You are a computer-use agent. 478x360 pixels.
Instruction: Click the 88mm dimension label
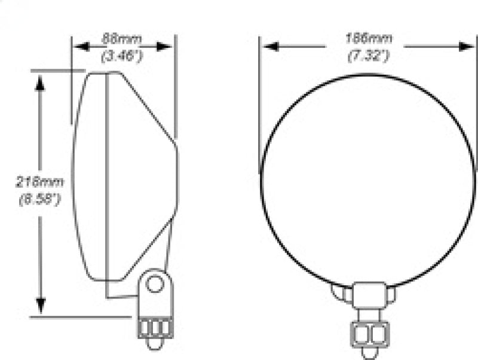pos(123,39)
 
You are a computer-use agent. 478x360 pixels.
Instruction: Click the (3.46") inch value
pos(123,57)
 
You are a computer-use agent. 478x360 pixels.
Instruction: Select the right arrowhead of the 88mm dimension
pos(168,46)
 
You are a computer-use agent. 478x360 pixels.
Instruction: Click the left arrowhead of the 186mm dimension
pos(268,46)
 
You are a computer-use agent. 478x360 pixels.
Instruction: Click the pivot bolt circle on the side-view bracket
pos(155,283)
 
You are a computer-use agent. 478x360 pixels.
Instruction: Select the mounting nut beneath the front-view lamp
pos(369,332)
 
